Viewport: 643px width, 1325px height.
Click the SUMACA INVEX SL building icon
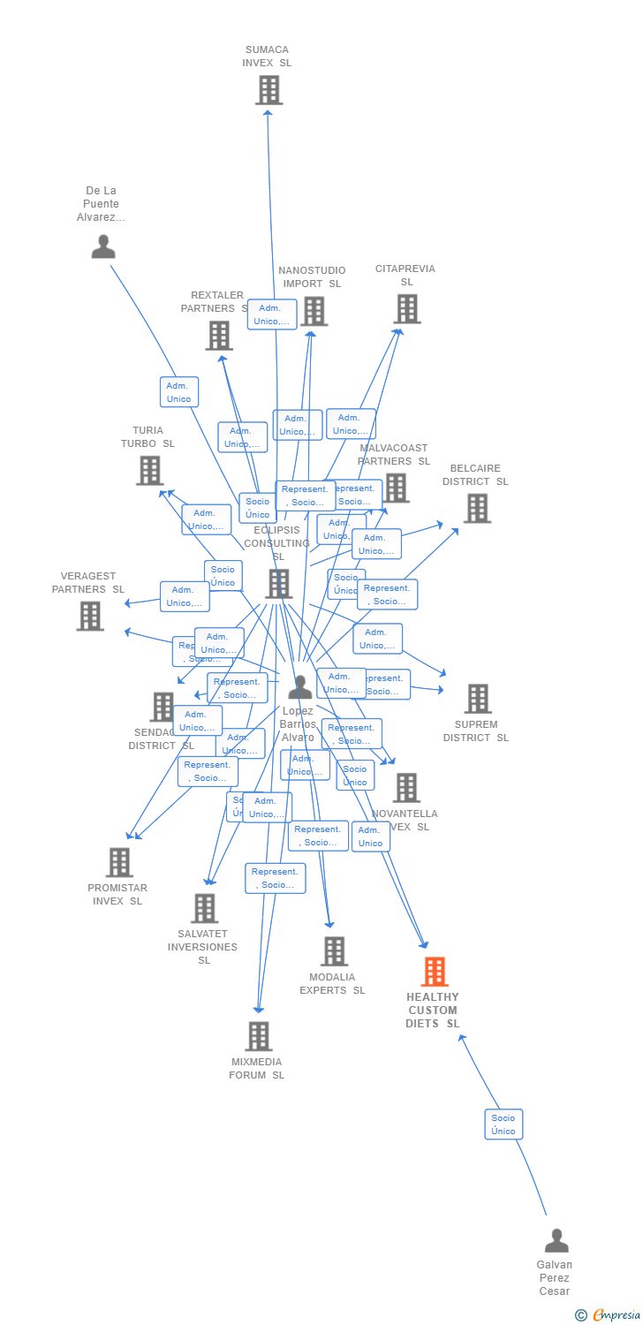[x=269, y=90]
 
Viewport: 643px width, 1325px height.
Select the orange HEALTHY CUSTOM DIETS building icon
[x=434, y=972]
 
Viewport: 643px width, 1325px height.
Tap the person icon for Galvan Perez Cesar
[x=556, y=1240]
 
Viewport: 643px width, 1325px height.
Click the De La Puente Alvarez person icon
[x=103, y=246]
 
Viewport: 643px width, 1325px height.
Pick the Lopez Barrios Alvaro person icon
[x=300, y=686]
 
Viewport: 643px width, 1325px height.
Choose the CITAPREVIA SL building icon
[x=406, y=309]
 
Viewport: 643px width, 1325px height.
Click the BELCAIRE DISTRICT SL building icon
[x=477, y=508]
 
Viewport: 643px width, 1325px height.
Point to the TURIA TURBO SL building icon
[x=149, y=471]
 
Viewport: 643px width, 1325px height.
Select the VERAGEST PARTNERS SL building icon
[x=90, y=616]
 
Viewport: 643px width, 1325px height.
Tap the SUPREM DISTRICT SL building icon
[x=477, y=699]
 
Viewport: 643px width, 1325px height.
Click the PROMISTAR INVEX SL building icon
[x=118, y=862]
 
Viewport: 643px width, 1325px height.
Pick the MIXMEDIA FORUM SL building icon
[x=258, y=1036]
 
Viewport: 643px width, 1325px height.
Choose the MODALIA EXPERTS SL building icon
[x=334, y=951]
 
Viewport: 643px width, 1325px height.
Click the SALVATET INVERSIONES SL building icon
[x=204, y=908]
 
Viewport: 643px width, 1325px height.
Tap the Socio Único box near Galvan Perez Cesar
[x=503, y=1124]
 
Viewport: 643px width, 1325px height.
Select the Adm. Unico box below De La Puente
[x=179, y=392]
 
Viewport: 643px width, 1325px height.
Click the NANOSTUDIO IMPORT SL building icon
[x=314, y=311]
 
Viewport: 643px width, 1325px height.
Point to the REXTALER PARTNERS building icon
[x=219, y=336]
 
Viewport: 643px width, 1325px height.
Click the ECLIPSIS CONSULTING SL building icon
[x=278, y=583]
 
